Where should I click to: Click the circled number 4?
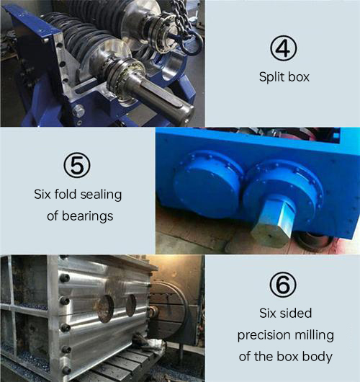tap(284, 48)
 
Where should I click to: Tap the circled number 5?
tap(77, 166)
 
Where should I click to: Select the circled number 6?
tap(283, 284)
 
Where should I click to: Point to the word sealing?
tap(101, 195)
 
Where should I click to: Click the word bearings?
tap(87, 216)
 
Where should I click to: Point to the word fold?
tap(66, 195)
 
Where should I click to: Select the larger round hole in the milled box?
tap(106, 308)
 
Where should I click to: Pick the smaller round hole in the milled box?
tap(131, 306)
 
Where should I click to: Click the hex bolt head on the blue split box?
tap(78, 112)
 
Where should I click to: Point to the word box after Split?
tap(299, 77)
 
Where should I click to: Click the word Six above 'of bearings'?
tap(42, 195)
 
